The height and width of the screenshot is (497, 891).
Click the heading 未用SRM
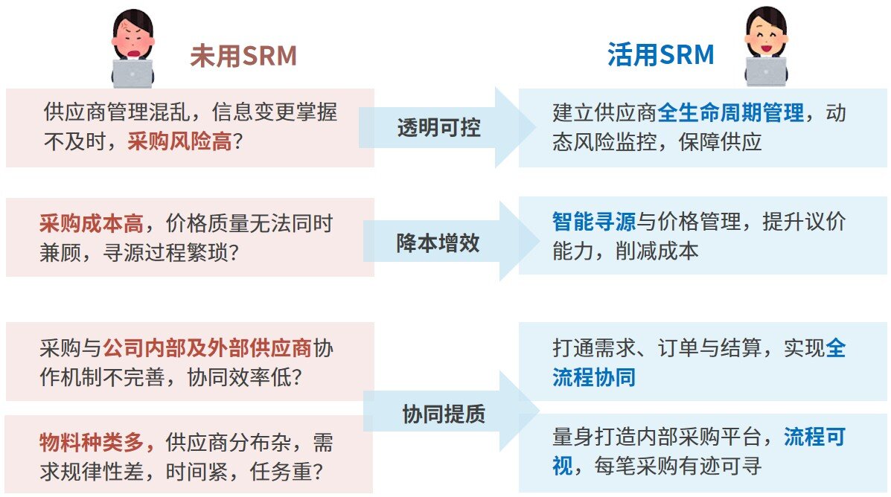click(x=243, y=56)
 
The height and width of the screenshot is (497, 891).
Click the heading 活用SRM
click(x=660, y=55)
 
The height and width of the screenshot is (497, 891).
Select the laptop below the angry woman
click(x=132, y=73)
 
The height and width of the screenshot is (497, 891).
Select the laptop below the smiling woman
click(x=766, y=71)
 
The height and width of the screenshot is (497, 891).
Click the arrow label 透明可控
click(x=438, y=127)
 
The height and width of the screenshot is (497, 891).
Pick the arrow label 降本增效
click(x=438, y=243)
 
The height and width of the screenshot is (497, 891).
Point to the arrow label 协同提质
click(x=444, y=414)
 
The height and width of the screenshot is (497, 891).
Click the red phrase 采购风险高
click(x=179, y=141)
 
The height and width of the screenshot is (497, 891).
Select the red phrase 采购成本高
click(x=92, y=223)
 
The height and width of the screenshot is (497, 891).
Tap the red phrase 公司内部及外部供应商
click(x=207, y=348)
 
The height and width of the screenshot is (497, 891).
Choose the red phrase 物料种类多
click(x=92, y=442)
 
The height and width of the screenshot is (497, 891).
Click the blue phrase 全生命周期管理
click(x=731, y=112)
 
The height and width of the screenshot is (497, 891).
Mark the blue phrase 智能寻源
click(x=594, y=222)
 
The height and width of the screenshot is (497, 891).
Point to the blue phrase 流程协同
click(x=594, y=377)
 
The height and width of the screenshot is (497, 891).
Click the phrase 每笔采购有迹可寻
click(x=678, y=466)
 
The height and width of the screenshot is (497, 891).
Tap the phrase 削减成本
click(x=657, y=251)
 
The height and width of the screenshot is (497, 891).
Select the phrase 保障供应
click(x=720, y=141)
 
